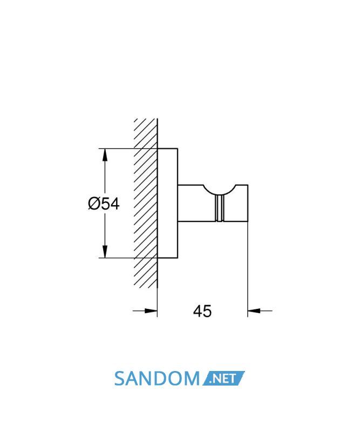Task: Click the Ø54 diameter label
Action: (x=104, y=204)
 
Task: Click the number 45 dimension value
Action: (x=202, y=311)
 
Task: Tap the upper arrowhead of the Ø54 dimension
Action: (x=105, y=155)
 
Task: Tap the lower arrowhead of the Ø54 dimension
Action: (x=105, y=252)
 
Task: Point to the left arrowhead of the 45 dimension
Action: (x=151, y=311)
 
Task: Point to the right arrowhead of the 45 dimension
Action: (x=254, y=311)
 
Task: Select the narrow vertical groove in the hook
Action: (x=220, y=208)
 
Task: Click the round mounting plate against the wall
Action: (x=167, y=204)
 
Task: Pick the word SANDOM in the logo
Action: (x=157, y=379)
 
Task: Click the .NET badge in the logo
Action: (x=223, y=379)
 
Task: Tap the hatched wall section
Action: (x=146, y=204)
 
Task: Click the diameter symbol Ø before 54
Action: (x=94, y=204)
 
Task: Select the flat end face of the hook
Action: (x=248, y=203)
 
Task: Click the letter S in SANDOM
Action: (x=120, y=379)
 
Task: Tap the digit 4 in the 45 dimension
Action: (x=198, y=311)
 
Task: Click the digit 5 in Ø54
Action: (x=105, y=204)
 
